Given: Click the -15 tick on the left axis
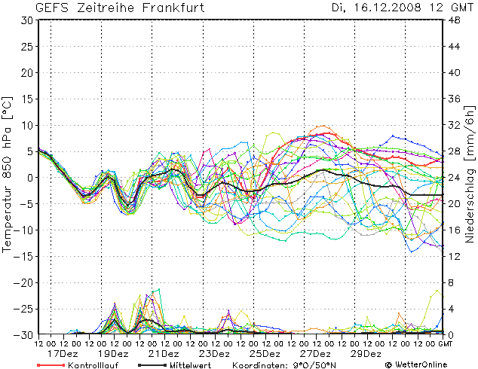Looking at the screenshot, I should point(25,256).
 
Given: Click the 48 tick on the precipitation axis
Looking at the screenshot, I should point(455,20).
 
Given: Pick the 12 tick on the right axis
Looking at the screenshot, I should point(455,256).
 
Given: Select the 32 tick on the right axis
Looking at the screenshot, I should point(455,125).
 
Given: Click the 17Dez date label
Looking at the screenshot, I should point(63,353).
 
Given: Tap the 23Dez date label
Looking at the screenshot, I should point(214,353).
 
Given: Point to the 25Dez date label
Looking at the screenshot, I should point(265,353).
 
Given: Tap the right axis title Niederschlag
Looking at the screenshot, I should point(469,173).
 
